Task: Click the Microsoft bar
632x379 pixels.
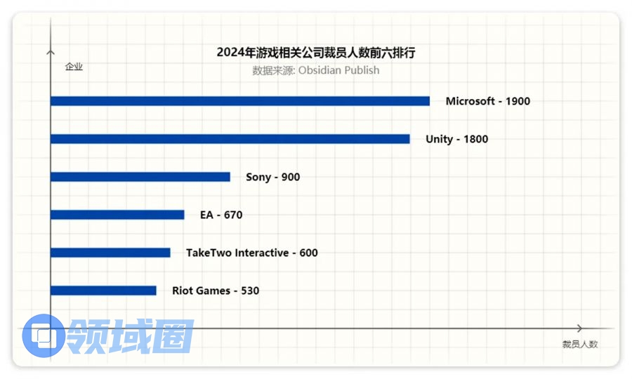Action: [239, 101]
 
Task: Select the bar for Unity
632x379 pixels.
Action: [230, 139]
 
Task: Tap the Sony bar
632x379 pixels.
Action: [140, 177]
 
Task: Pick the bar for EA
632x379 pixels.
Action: [117, 215]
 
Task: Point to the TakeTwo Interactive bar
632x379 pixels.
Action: [110, 253]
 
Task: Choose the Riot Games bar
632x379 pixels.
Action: [103, 291]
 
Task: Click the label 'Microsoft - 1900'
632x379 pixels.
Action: [487, 101]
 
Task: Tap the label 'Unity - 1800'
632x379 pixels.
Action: [456, 139]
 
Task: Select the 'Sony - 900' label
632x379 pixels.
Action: [272, 177]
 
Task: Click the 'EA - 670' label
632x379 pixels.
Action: [221, 215]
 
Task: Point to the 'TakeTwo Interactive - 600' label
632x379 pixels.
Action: [251, 253]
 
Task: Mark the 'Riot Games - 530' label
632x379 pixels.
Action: [216, 291]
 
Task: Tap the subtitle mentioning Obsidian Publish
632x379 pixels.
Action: [316, 70]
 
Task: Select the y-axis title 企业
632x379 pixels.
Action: [74, 67]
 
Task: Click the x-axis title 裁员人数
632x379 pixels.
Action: [579, 344]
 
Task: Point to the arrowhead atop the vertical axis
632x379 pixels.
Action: [50, 51]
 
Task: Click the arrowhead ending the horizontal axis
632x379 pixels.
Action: [579, 328]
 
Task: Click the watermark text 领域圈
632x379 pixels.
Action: [130, 336]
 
